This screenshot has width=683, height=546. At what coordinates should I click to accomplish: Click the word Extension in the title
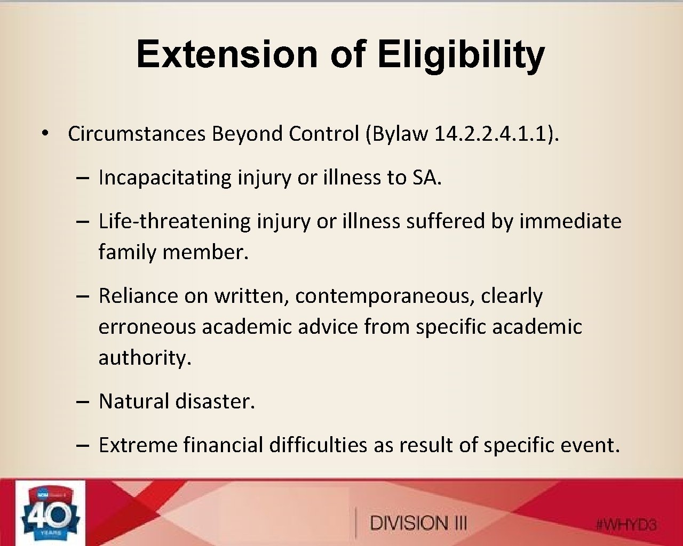pyautogui.click(x=227, y=54)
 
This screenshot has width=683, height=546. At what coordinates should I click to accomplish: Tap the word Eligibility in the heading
pyautogui.click(x=461, y=54)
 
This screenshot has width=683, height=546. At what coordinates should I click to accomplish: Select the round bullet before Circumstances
pyautogui.click(x=47, y=133)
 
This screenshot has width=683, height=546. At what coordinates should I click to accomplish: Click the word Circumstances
pyautogui.click(x=136, y=133)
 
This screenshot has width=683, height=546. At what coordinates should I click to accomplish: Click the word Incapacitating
pyautogui.click(x=165, y=178)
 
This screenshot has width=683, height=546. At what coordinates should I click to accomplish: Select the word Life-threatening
pyautogui.click(x=174, y=221)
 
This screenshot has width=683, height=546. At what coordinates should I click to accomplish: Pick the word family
pyautogui.click(x=128, y=252)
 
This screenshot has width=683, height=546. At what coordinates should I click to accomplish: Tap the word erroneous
pyautogui.click(x=147, y=326)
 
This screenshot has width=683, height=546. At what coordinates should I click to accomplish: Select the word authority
pyautogui.click(x=145, y=357)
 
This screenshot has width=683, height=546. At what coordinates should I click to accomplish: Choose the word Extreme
pyautogui.click(x=138, y=445)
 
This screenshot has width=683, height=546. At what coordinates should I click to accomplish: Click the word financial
pyautogui.click(x=223, y=445)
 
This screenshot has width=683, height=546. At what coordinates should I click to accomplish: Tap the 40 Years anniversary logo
pyautogui.click(x=50, y=513)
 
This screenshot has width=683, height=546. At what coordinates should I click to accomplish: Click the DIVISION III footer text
pyautogui.click(x=418, y=523)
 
